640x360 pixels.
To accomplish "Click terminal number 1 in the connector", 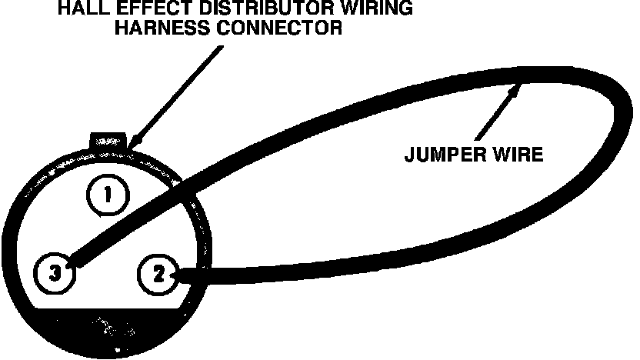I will (108, 195).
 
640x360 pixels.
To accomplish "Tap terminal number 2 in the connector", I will (158, 274).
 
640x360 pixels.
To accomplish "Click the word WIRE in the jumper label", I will (521, 154).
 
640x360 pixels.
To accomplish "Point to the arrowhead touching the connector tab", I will (135, 142).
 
